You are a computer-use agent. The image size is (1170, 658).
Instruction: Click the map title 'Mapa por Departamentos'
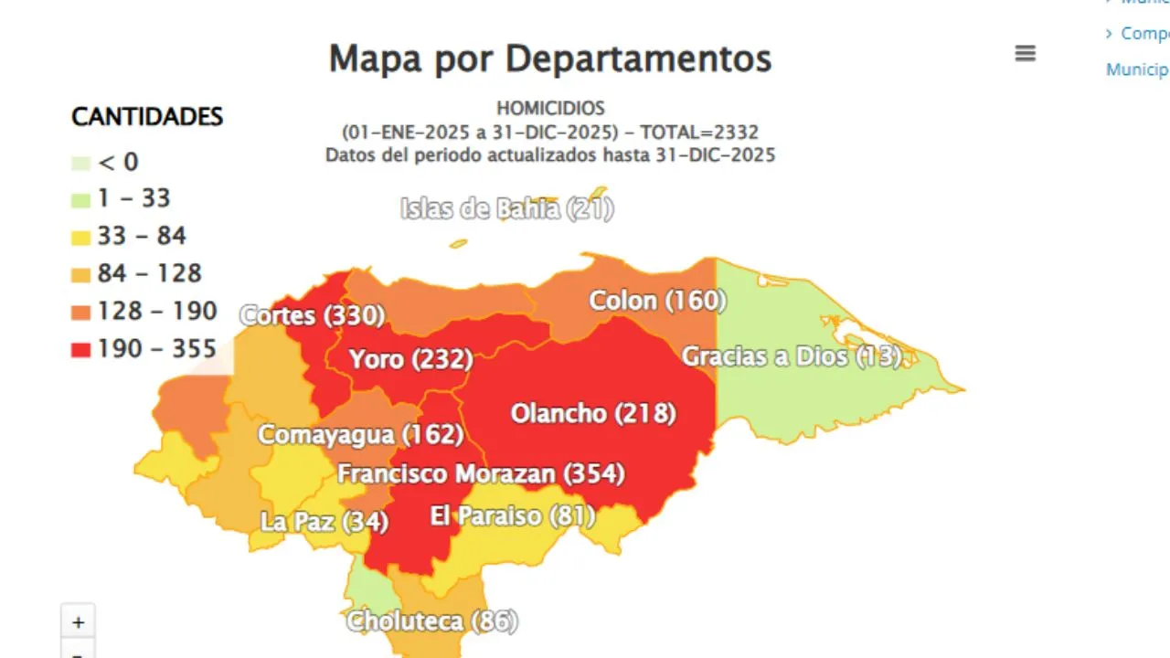tap(549, 58)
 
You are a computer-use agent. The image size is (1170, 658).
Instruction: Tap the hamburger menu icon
tap(1025, 54)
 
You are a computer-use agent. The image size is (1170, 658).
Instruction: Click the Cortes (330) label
tap(312, 316)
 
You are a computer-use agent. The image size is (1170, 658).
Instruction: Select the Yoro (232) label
tap(410, 359)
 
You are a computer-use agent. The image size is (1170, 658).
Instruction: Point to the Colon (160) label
tap(657, 301)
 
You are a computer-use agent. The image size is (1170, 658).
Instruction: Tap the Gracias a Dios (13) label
tap(792, 356)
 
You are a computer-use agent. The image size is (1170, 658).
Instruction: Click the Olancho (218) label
tap(593, 413)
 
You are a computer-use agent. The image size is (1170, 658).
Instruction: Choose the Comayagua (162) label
tap(360, 434)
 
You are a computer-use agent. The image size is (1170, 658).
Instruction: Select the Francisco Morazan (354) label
tap(481, 474)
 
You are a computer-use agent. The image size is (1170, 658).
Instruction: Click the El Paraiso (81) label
tap(512, 516)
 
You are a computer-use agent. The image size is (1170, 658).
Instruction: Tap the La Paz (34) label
tap(324, 522)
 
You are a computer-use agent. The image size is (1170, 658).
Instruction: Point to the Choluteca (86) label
tap(431, 621)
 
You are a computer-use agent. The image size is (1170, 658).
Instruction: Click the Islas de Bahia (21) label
tap(506, 209)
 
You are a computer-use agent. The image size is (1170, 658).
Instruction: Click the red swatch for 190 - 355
tap(81, 350)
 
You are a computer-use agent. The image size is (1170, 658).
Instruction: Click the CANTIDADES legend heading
tap(147, 117)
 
